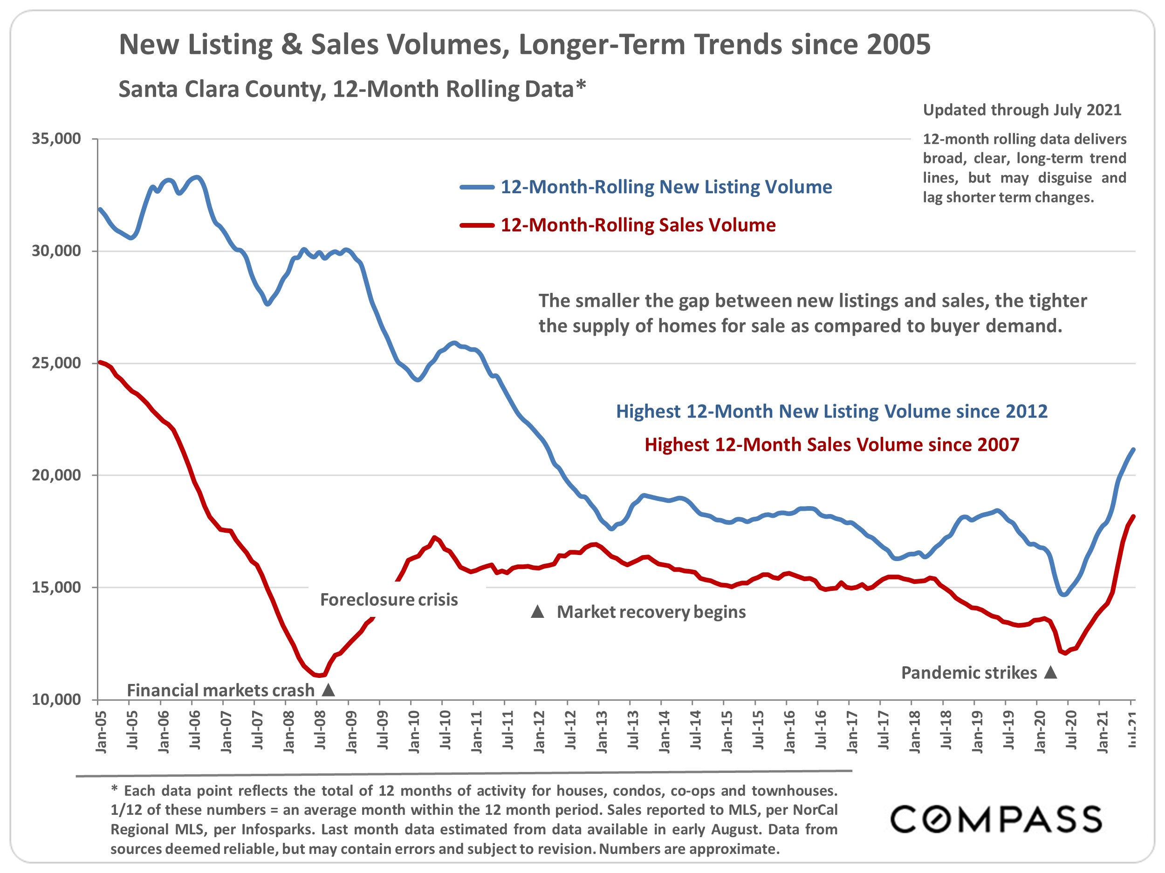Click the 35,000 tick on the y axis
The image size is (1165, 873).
pyautogui.click(x=56, y=139)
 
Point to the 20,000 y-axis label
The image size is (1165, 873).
pyautogui.click(x=56, y=475)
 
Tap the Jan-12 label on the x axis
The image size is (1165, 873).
pyautogui.click(x=539, y=731)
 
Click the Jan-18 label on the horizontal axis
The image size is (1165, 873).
pyautogui.click(x=915, y=731)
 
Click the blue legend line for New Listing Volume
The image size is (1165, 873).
pyautogui.click(x=477, y=187)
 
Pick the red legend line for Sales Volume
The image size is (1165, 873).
pyautogui.click(x=477, y=225)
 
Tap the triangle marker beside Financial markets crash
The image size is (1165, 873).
pyautogui.click(x=328, y=690)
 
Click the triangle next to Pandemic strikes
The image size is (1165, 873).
pyautogui.click(x=1051, y=672)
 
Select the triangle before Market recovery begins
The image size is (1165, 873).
pyautogui.click(x=537, y=611)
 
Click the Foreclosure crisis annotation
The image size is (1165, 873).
pyautogui.click(x=389, y=599)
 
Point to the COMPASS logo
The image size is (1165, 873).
pyautogui.click(x=995, y=819)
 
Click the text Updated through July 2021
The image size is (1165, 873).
pyautogui.click(x=1022, y=110)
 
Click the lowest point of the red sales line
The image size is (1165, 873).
pyautogui.click(x=320, y=676)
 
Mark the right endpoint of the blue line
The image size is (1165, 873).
pyautogui.click(x=1133, y=449)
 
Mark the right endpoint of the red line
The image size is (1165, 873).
pyautogui.click(x=1133, y=516)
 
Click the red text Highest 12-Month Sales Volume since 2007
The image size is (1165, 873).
pyautogui.click(x=832, y=445)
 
